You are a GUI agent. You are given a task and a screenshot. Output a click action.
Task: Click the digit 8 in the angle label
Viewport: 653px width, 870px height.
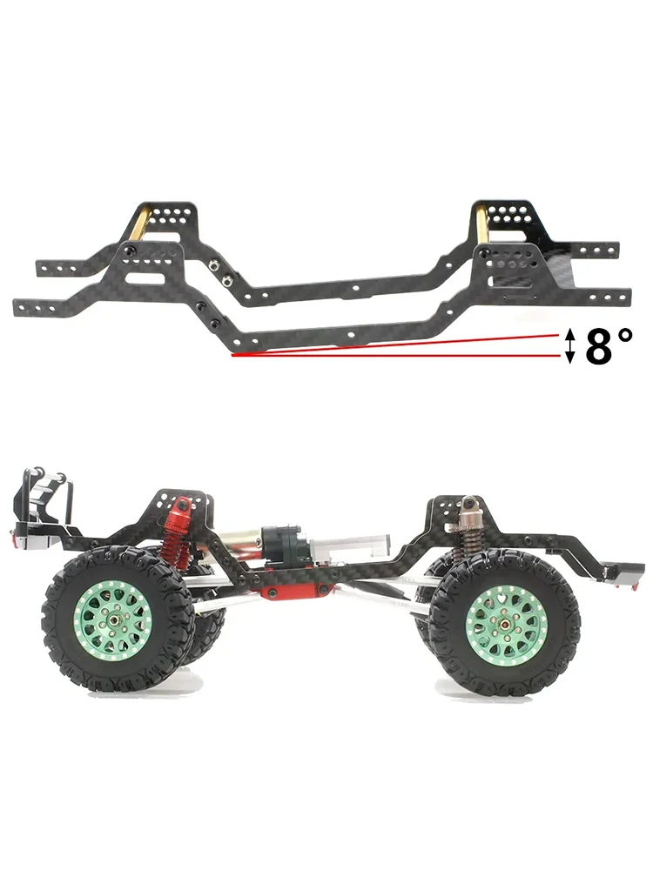(x=600, y=345)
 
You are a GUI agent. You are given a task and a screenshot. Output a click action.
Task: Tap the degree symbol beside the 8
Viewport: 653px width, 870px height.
(x=624, y=335)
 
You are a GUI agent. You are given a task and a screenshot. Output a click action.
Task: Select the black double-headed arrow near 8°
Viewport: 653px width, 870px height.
(x=569, y=345)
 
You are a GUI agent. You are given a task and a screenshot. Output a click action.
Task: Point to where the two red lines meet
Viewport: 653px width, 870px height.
(x=233, y=355)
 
